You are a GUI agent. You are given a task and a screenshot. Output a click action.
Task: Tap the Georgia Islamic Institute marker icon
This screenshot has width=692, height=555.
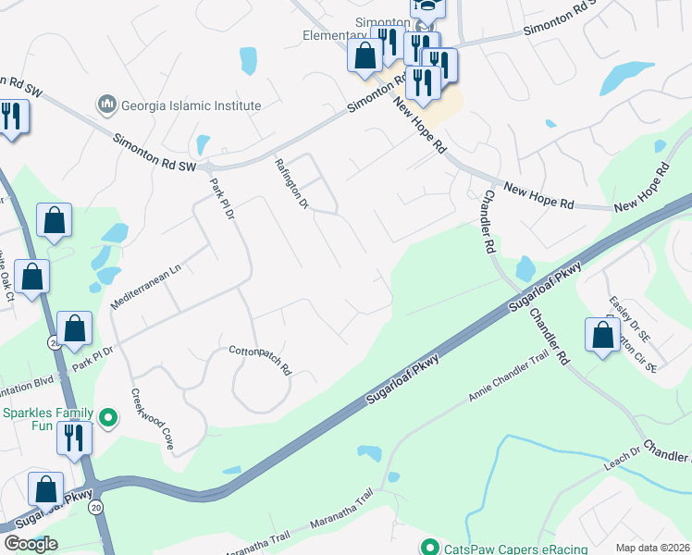108,105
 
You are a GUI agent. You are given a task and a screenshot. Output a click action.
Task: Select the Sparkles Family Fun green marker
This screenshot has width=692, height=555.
108,419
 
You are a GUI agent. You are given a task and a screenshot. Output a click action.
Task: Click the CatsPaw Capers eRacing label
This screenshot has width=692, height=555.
514,548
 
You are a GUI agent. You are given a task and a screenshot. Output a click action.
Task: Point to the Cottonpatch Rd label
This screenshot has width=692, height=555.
260,360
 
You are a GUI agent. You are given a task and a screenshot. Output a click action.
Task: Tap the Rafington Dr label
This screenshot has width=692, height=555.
290,183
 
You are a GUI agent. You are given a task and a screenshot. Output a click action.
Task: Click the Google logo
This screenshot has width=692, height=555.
31,544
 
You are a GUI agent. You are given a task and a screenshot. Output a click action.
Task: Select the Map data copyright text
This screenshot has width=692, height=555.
652,548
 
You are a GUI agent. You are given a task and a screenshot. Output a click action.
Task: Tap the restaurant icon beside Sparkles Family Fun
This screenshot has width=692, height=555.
74,438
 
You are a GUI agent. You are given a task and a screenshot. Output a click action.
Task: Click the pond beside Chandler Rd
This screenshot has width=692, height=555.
525,269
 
